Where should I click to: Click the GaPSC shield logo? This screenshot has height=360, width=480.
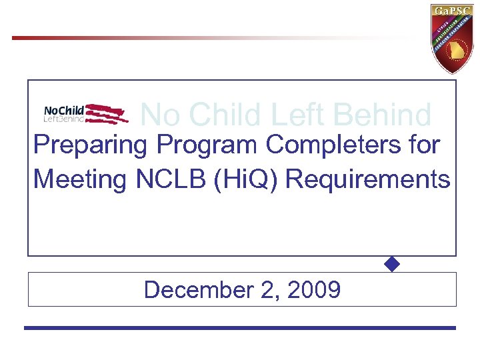click(453, 37)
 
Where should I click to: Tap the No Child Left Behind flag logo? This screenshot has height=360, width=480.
click(85, 113)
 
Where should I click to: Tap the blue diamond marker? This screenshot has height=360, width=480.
click(392, 264)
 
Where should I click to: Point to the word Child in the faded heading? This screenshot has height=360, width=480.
click(219, 115)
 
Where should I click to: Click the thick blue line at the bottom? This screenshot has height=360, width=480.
click(240, 328)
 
